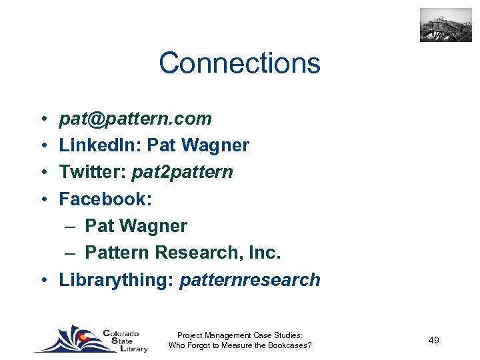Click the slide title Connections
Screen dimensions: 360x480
(x=239, y=63)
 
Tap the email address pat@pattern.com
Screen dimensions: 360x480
(x=135, y=119)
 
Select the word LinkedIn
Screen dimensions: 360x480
(x=100, y=145)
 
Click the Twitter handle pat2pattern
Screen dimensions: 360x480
(x=183, y=172)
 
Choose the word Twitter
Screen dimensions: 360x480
(x=93, y=172)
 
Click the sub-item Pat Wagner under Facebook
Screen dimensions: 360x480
(x=136, y=226)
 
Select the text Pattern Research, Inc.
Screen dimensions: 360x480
(x=183, y=253)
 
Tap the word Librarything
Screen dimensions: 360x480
(x=116, y=280)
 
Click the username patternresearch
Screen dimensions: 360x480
(x=250, y=280)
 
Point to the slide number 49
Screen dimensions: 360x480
(x=434, y=341)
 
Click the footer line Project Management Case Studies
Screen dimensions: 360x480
(x=240, y=335)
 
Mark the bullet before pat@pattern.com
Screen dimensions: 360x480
(x=41, y=119)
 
